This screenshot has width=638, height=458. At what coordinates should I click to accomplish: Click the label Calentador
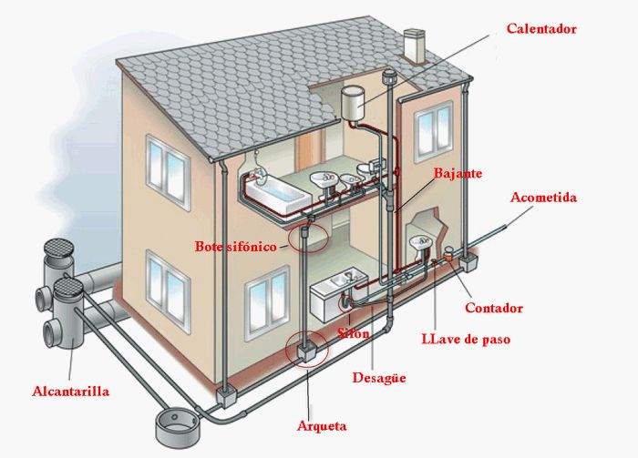pyautogui.click(x=541, y=29)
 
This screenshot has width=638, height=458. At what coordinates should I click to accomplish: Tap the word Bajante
pyautogui.click(x=458, y=174)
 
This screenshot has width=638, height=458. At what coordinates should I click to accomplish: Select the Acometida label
pyautogui.click(x=543, y=198)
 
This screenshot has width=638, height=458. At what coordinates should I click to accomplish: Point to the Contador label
pyautogui.click(x=494, y=308)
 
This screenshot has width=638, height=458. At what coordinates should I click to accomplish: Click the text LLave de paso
pyautogui.click(x=466, y=339)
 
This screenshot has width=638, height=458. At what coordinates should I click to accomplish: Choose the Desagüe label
pyautogui.click(x=379, y=378)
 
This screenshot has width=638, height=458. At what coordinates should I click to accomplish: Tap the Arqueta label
pyautogui.click(x=322, y=426)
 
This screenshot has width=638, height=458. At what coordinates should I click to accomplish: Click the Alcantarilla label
pyautogui.click(x=70, y=391)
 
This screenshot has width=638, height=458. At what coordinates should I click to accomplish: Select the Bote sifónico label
pyautogui.click(x=235, y=246)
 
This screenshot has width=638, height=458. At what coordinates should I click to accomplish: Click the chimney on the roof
pyautogui.click(x=414, y=46)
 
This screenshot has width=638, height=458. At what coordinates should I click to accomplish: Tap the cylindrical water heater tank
pyautogui.click(x=353, y=103)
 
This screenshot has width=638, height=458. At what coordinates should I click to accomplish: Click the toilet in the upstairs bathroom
pyautogui.click(x=365, y=171)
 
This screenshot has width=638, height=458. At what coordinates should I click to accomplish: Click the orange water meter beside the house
pyautogui.click(x=449, y=255)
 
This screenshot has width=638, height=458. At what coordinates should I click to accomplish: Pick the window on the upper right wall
pyautogui.click(x=433, y=132)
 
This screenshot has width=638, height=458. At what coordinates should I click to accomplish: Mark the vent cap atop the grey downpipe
pyautogui.click(x=389, y=76)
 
